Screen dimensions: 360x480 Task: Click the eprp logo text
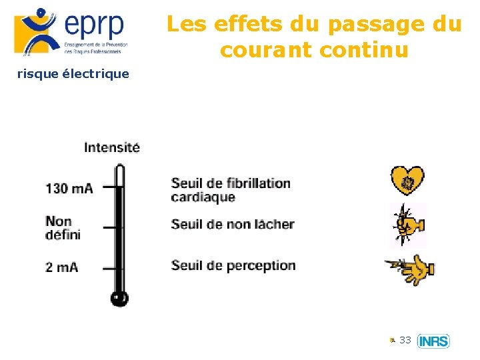94,25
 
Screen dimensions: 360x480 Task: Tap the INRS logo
433,341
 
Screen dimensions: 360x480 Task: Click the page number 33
405,340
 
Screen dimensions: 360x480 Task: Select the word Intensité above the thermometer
112,147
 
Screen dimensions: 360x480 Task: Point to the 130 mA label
69,188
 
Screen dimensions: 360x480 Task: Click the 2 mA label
62,267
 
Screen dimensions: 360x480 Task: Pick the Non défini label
63,227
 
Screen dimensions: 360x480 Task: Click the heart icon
407,180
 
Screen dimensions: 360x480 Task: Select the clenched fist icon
407,225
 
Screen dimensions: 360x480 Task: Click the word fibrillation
258,183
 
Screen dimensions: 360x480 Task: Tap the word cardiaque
203,197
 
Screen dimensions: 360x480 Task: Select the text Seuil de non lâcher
232,224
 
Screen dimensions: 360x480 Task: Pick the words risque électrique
73,73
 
